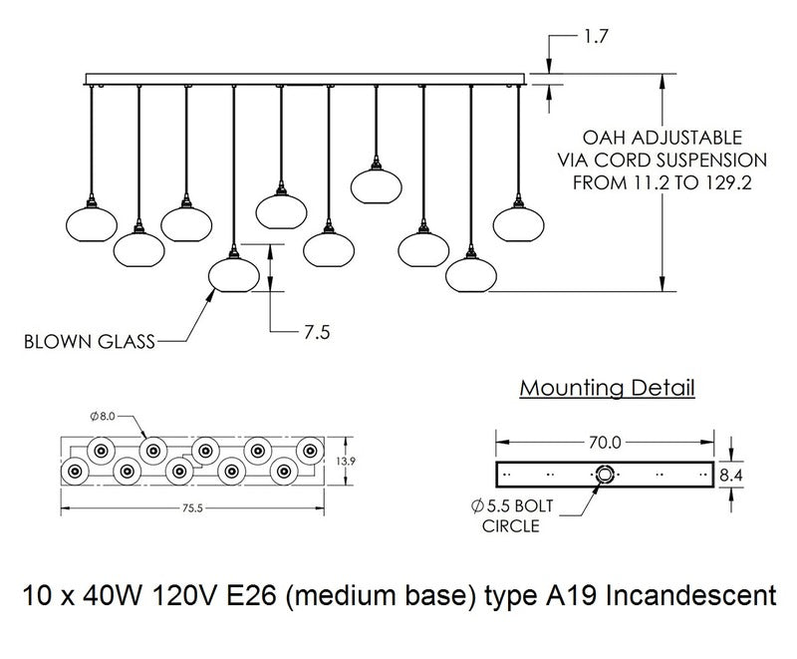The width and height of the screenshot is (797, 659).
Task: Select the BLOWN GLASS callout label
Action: (x=88, y=343)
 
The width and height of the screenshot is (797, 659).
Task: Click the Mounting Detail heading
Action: (x=608, y=387)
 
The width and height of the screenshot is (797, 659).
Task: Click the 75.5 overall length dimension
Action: (x=193, y=508)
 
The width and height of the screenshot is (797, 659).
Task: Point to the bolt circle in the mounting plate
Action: (x=604, y=475)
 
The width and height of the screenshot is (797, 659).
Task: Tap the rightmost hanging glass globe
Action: (x=519, y=222)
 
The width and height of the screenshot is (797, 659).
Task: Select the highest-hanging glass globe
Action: (x=377, y=185)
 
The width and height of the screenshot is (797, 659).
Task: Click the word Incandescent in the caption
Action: (x=693, y=597)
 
